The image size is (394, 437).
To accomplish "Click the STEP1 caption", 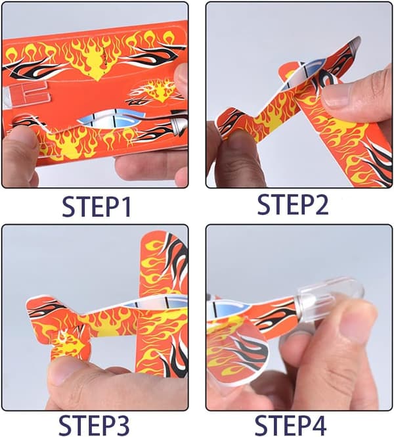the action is (97, 206).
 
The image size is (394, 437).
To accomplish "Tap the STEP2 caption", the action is (293, 204).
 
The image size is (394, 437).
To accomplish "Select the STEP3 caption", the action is (94, 425).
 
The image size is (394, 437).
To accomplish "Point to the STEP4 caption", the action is (290, 425).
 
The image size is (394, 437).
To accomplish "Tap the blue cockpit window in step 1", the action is (112, 120).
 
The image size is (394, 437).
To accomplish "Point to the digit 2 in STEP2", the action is (321, 204).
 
